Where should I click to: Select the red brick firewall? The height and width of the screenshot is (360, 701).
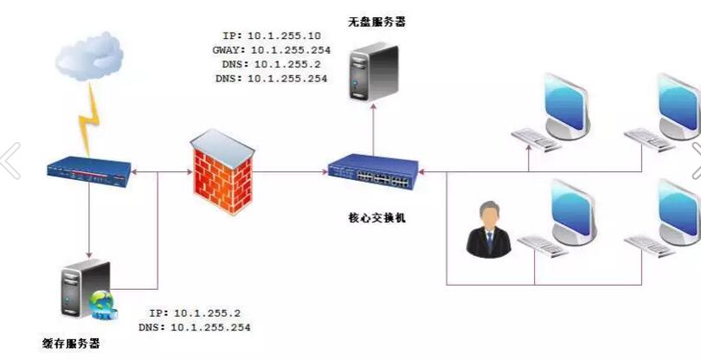(x=222, y=172)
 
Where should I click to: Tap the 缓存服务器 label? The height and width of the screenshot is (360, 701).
(x=71, y=344)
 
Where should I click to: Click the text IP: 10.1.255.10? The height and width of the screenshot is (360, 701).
(x=273, y=36)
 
